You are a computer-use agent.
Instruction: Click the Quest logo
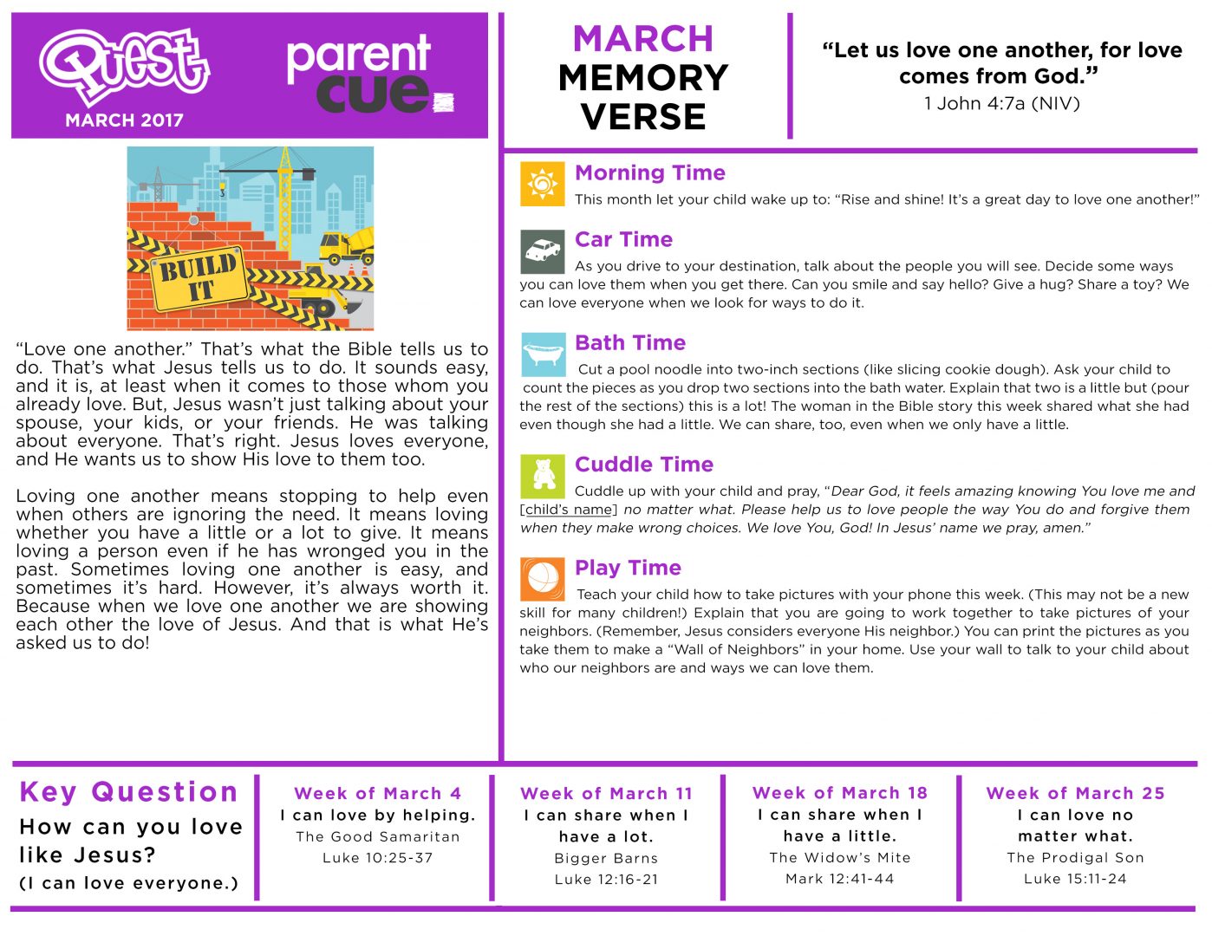(124, 66)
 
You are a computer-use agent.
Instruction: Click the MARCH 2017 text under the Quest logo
(124, 120)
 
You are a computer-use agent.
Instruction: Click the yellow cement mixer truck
(346, 246)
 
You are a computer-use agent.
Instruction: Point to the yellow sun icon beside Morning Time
(542, 184)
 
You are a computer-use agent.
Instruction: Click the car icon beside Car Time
(542, 251)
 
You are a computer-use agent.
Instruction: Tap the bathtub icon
(543, 354)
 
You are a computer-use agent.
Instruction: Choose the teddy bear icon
(543, 475)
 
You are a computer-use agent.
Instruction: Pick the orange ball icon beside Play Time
(542, 579)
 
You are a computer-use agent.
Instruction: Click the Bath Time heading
(630, 343)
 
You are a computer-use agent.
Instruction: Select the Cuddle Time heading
(644, 465)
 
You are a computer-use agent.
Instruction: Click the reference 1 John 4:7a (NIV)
(1001, 104)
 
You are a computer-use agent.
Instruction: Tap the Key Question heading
(128, 792)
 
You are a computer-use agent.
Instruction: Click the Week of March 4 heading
(377, 794)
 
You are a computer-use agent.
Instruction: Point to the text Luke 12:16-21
(606, 879)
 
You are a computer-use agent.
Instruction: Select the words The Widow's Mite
(840, 858)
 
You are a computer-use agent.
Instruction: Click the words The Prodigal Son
(1075, 858)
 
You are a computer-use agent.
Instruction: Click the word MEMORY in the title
(643, 78)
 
